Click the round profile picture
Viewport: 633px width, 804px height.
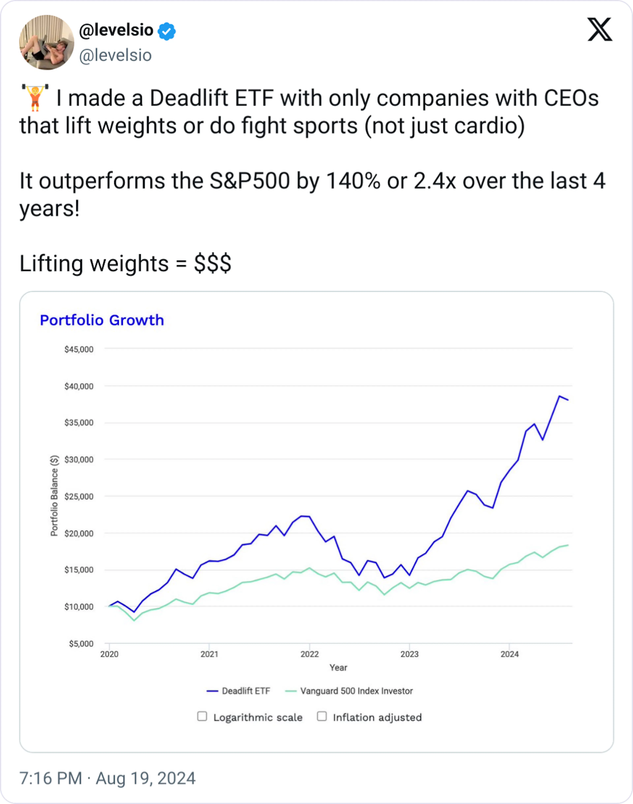tap(47, 42)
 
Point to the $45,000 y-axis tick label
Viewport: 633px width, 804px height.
tap(79, 349)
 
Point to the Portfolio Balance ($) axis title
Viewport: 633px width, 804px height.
tap(54, 496)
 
